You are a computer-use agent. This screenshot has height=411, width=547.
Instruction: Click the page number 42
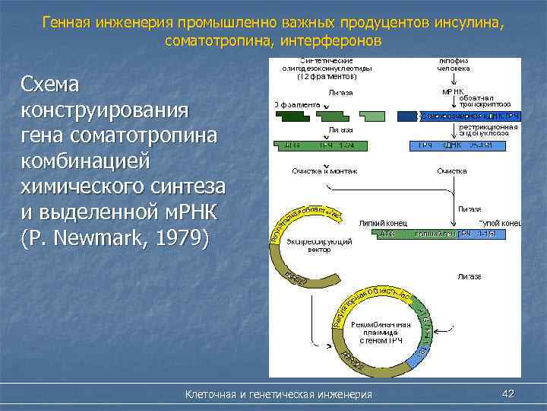coord(508,393)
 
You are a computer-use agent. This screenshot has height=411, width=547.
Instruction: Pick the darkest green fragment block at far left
coord(290,116)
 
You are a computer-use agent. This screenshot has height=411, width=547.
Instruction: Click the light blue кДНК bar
coord(466,145)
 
